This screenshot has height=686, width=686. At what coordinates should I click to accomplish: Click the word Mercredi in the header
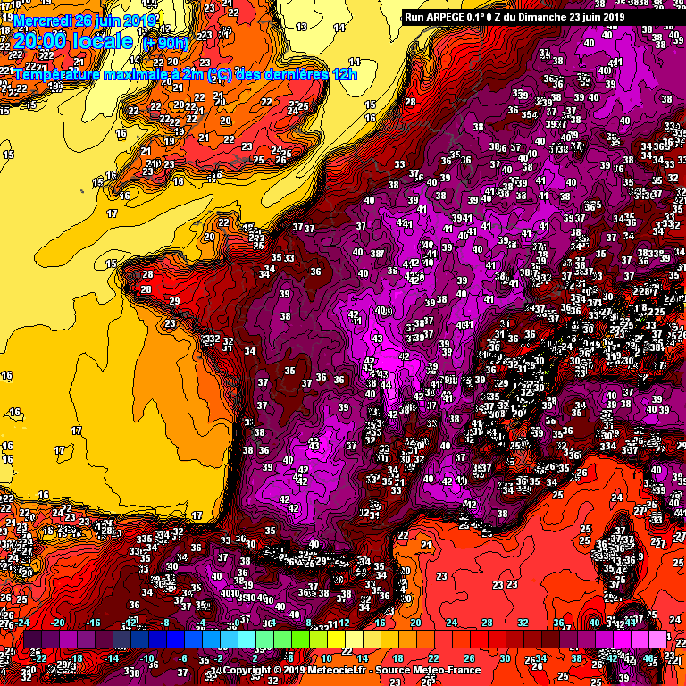click(x=44, y=20)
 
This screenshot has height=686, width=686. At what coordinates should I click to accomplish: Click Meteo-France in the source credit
click(x=450, y=670)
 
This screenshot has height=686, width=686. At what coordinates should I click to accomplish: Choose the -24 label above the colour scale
click(x=24, y=623)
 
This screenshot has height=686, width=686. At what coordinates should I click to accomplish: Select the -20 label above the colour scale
click(x=59, y=623)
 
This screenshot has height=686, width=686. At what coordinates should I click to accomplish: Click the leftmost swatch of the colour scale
click(x=32, y=640)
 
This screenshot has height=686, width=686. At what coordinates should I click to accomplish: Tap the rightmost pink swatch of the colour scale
click(x=657, y=640)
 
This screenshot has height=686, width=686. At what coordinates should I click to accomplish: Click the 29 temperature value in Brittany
click(x=175, y=301)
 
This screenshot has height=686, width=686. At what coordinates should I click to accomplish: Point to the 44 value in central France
click(x=385, y=385)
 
